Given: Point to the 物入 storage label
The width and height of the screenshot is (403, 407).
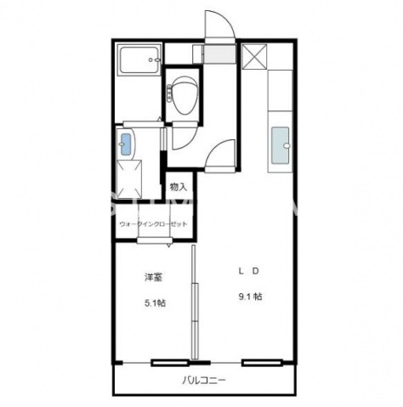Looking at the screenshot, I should point(179,187).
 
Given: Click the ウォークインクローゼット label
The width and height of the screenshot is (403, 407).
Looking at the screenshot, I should point(154,223).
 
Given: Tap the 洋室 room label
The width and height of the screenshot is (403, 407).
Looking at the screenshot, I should point(153,277).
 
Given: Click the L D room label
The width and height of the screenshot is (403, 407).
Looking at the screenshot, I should point(248,271).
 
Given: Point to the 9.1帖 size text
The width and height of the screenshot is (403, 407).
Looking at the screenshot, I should point(249,297).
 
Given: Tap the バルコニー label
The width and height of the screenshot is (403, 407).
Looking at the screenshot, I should point(203,381).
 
